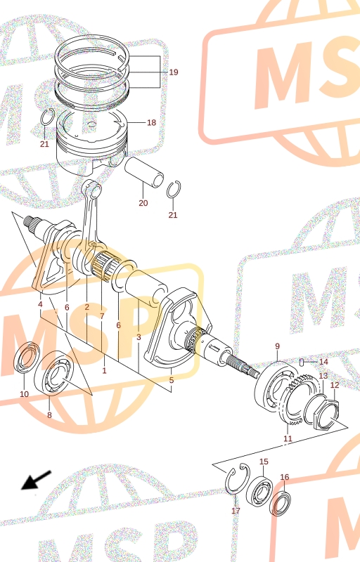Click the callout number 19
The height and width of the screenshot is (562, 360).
click(x=174, y=72)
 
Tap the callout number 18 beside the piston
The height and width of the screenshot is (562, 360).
click(x=151, y=122)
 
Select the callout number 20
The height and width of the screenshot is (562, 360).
click(x=143, y=203)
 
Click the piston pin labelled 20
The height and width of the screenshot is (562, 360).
click(x=143, y=173)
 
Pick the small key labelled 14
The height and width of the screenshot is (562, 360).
click(x=302, y=362)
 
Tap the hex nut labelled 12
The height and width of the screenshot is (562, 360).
click(x=326, y=415)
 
